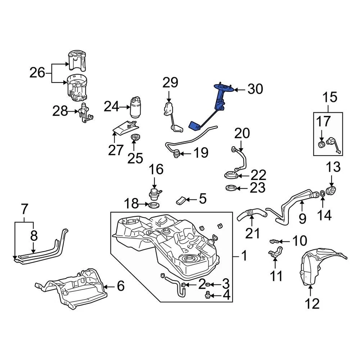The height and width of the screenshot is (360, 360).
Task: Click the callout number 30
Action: coord(255,89)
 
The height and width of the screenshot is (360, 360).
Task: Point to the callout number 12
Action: coord(312,303)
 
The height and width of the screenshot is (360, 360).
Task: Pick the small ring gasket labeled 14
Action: coord(322,193)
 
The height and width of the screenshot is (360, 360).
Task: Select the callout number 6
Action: coord(120,286)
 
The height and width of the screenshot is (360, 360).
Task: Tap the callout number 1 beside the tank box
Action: coord(244,256)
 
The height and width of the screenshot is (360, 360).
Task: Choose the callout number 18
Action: coord(132,204)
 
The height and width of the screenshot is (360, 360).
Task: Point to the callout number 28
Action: coord(60,111)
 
